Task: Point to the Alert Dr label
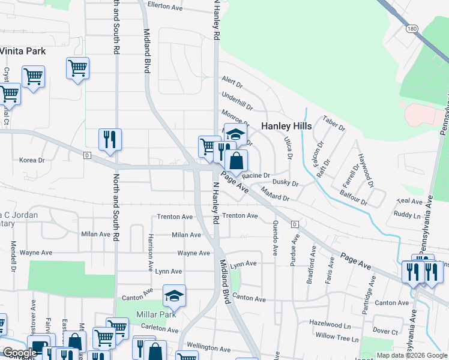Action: (x=232, y=81)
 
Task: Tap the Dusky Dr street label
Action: (x=286, y=182)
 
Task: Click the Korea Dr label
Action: (x=32, y=160)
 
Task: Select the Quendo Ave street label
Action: (x=275, y=235)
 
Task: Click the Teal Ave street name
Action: (x=411, y=202)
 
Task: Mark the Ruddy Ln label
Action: (x=407, y=214)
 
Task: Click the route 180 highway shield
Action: (x=411, y=28)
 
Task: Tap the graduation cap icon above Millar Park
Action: (x=175, y=295)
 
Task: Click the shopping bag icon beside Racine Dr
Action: (x=237, y=160)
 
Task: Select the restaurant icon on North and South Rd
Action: (x=110, y=139)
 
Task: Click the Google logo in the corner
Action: (x=20, y=353)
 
